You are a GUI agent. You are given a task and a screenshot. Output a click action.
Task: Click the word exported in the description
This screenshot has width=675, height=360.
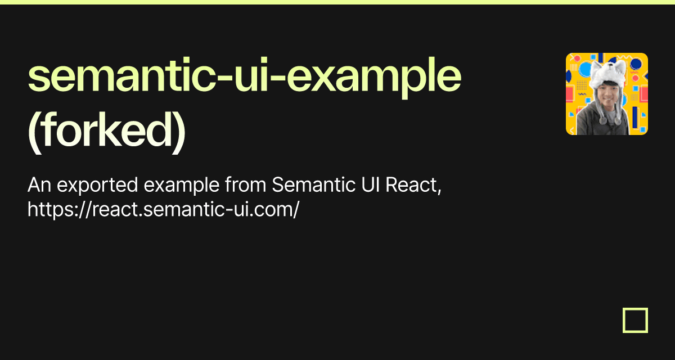tap(97, 185)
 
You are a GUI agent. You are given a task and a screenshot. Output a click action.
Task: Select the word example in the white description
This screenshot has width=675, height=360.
tap(181, 185)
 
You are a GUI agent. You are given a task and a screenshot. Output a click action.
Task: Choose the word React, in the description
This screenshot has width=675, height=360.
tap(413, 185)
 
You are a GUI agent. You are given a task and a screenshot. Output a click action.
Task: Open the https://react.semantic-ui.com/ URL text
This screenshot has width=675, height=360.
tap(163, 209)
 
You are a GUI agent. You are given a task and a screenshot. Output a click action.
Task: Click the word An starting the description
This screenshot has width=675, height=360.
tap(39, 184)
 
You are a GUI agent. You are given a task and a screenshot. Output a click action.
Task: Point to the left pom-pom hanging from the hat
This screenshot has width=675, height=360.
tap(602, 120)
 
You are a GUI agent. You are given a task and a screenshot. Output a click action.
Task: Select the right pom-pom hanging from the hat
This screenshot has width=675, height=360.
tap(618, 120)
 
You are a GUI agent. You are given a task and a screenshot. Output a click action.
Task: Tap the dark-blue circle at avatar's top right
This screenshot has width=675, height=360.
tap(636, 64)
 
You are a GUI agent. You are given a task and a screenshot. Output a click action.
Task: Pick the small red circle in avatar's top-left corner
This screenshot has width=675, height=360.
tap(577, 58)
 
